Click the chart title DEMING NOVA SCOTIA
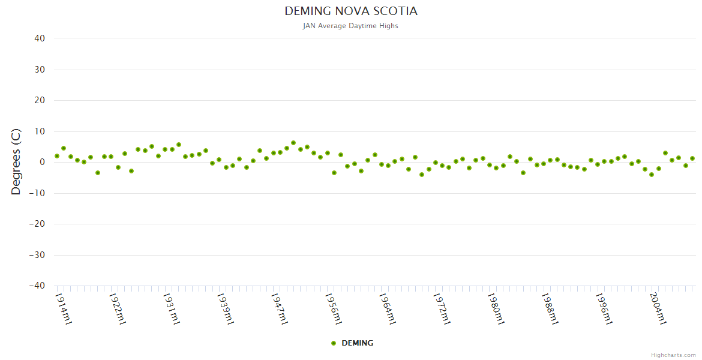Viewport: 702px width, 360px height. pyautogui.click(x=351, y=11)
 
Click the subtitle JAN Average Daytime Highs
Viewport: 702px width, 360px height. pyautogui.click(x=351, y=26)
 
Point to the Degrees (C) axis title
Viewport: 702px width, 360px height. pyautogui.click(x=16, y=162)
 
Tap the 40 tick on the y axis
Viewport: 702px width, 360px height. pyautogui.click(x=40, y=38)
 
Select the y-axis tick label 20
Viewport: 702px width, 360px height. pyautogui.click(x=40, y=100)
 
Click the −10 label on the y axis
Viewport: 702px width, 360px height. pyautogui.click(x=37, y=193)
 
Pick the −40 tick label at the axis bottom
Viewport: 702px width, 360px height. pyautogui.click(x=37, y=286)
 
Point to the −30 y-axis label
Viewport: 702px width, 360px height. pyautogui.click(x=37, y=255)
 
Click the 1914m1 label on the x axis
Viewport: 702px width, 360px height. pyautogui.click(x=64, y=308)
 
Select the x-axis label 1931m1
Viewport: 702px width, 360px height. pyautogui.click(x=172, y=308)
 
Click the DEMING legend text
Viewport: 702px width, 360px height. pyautogui.click(x=357, y=343)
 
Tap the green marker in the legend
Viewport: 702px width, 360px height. pyautogui.click(x=334, y=343)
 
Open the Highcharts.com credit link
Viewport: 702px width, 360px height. pyautogui.click(x=673, y=355)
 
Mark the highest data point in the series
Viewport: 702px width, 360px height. pyautogui.click(x=293, y=143)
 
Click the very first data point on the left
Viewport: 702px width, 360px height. pyautogui.click(x=57, y=156)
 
